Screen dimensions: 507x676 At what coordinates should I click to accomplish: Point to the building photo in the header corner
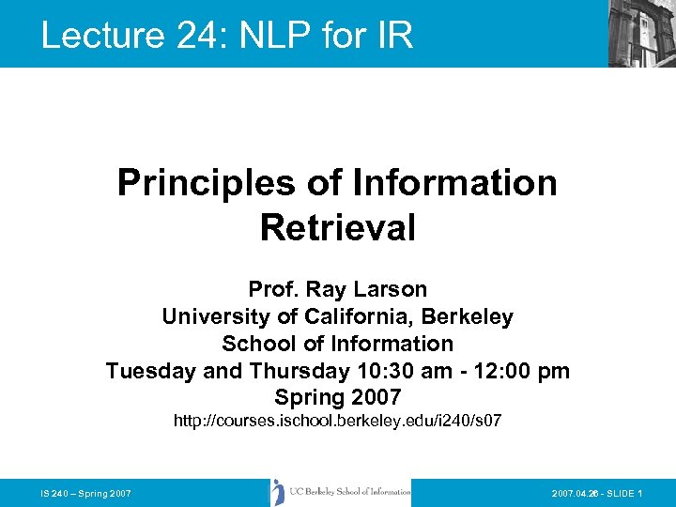tap(641, 34)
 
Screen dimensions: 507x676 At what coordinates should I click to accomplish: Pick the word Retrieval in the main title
tap(337, 227)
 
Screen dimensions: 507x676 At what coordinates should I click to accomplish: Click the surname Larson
tap(393, 289)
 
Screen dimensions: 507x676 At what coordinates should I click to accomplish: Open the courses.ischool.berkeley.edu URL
tap(337, 422)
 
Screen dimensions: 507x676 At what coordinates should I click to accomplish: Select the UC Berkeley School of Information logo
tap(340, 492)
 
